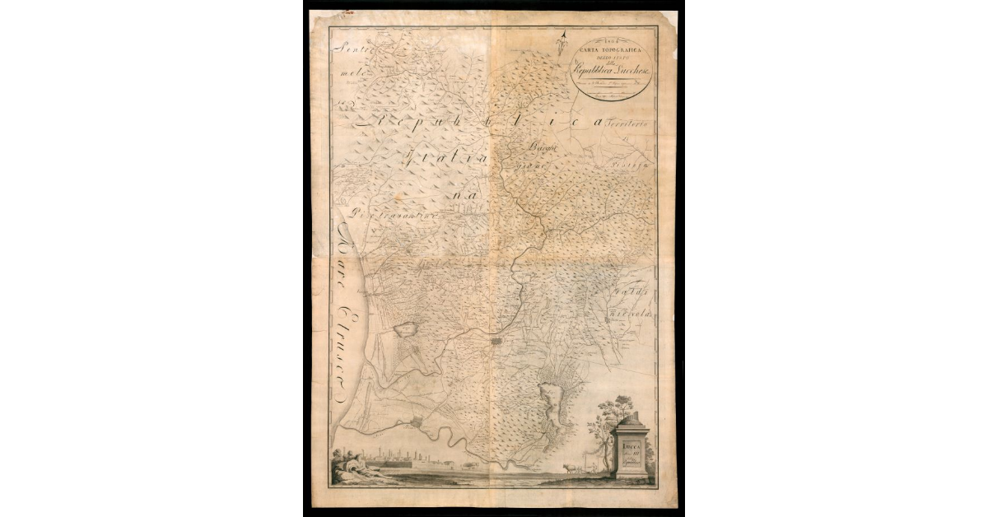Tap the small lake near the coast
point(408,329)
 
